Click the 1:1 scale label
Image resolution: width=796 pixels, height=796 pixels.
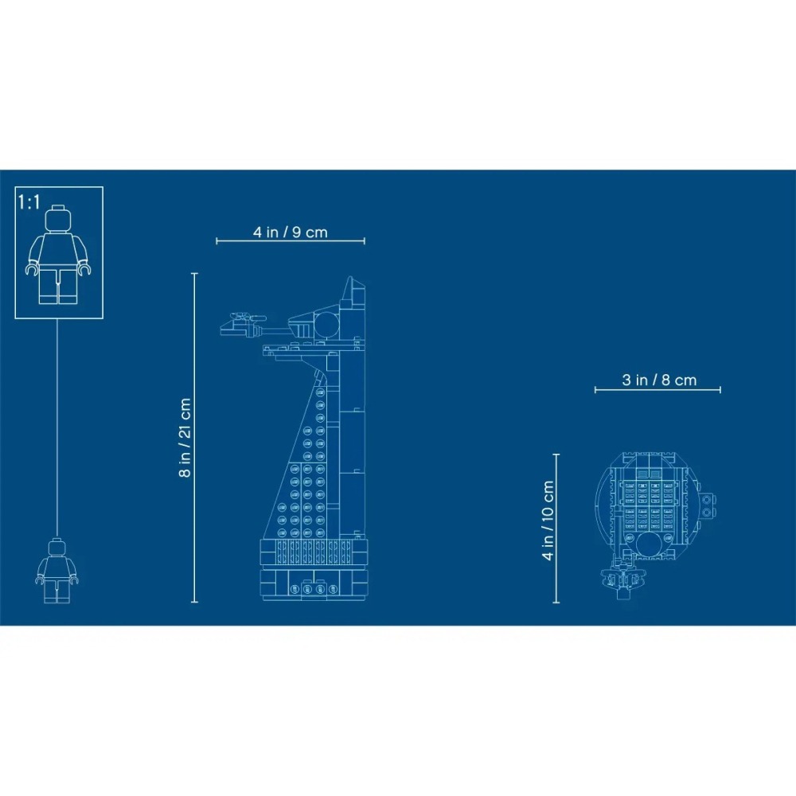tap(29, 202)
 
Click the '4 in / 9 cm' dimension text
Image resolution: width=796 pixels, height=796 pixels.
tap(291, 232)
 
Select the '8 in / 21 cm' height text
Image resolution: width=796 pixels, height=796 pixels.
tap(185, 437)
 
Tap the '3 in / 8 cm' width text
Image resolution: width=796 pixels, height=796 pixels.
tap(658, 380)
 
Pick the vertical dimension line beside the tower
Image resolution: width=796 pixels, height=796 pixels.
tap(195, 437)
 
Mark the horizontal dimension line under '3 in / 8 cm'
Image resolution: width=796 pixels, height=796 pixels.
tap(657, 390)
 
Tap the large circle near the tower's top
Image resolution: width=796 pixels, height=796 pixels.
tap(326, 323)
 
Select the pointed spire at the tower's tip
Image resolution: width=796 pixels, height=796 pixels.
tap(351, 291)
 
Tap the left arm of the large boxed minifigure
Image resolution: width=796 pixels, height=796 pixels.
tap(32, 259)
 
